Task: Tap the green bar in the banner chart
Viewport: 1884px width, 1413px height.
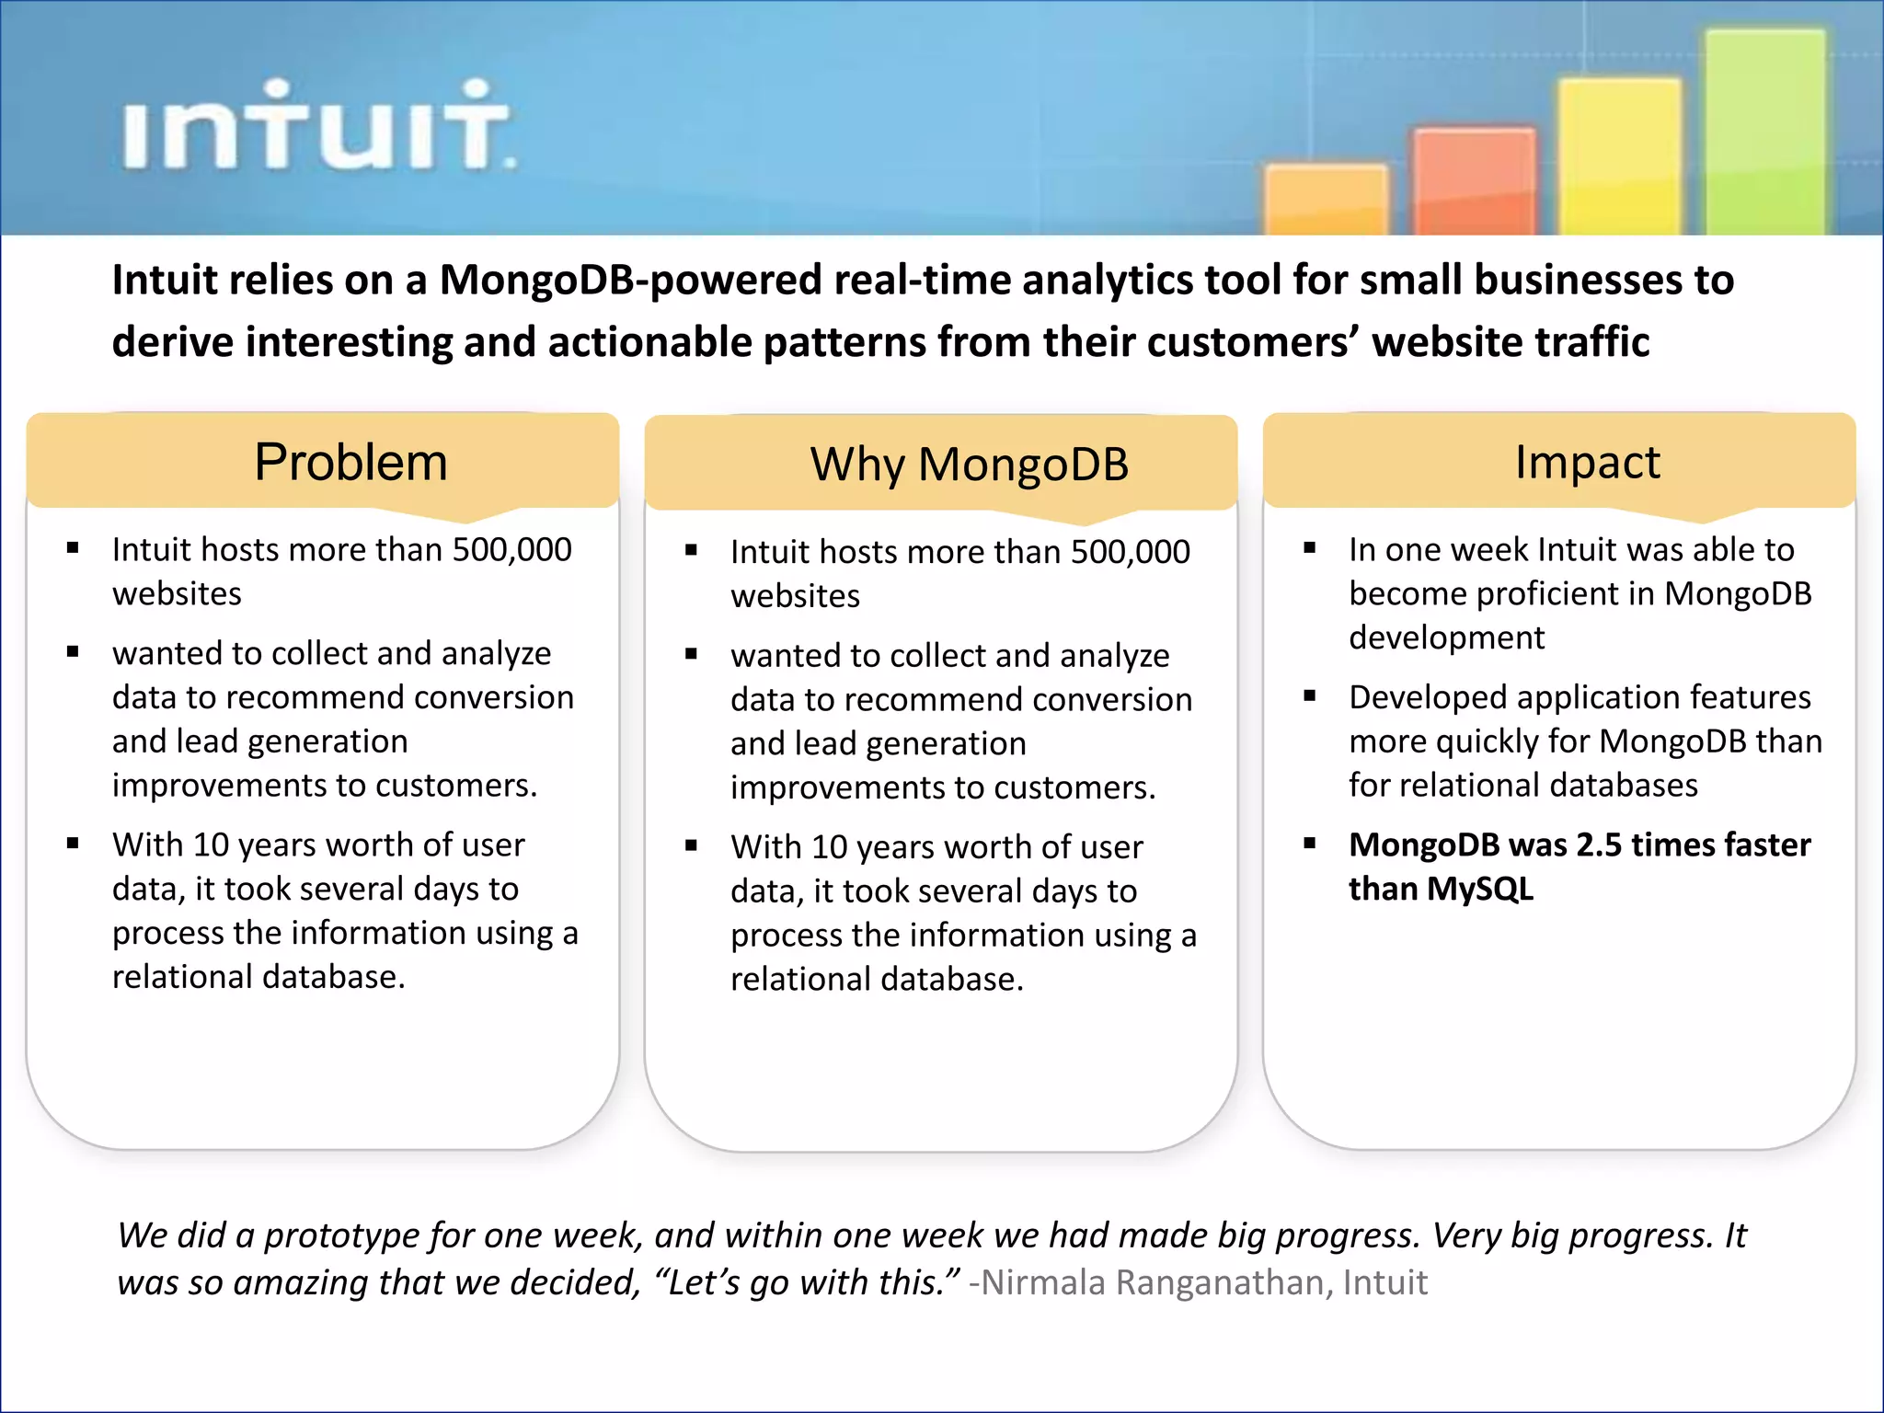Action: click(x=1764, y=133)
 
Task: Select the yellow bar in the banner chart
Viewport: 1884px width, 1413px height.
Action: click(x=1619, y=156)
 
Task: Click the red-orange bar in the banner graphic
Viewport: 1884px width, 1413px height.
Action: click(x=1474, y=182)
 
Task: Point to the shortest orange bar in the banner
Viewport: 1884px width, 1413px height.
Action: click(x=1326, y=201)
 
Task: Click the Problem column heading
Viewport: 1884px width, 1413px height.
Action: click(x=350, y=462)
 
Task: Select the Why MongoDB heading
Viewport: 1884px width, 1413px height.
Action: click(x=969, y=465)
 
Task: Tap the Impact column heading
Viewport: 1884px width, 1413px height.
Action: click(x=1587, y=462)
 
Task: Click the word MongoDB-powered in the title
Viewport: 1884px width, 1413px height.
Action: click(x=628, y=280)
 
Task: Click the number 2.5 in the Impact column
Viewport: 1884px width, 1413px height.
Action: click(x=1599, y=844)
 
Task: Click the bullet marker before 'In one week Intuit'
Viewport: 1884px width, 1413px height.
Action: click(x=1310, y=549)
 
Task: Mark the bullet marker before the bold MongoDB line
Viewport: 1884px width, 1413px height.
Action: click(x=1310, y=844)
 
